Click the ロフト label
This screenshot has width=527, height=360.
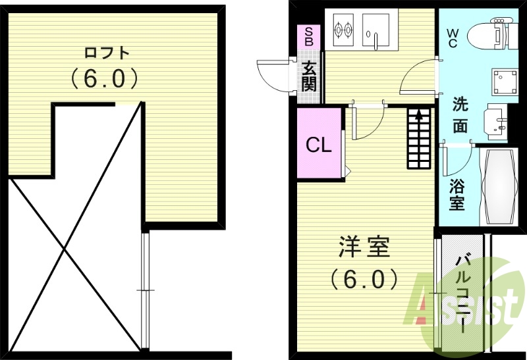tap(106, 52)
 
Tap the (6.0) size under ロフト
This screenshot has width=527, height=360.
tap(105, 79)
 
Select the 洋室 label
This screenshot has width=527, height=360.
tap(364, 249)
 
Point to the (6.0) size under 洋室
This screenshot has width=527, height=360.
tap(364, 279)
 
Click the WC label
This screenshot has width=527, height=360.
tap(453, 37)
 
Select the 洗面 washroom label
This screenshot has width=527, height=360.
tap(460, 115)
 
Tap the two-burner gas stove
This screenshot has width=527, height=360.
tap(342, 29)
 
